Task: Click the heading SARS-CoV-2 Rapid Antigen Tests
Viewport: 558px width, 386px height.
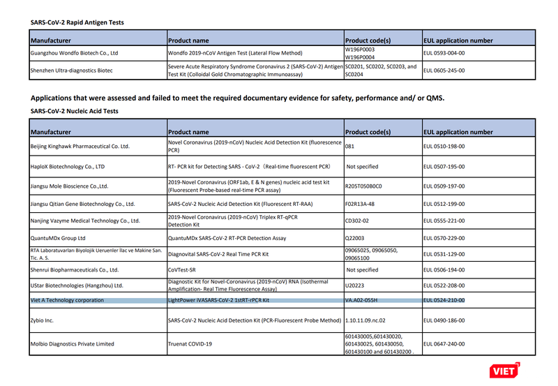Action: tap(77, 22)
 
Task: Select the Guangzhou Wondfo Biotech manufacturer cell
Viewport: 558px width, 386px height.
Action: tap(75, 53)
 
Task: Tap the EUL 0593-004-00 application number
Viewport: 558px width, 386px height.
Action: tap(444, 53)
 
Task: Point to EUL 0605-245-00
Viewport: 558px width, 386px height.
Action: tap(444, 70)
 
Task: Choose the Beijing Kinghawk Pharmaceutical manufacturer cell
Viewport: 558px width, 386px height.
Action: tap(80, 147)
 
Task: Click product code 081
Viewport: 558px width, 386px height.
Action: tap(351, 147)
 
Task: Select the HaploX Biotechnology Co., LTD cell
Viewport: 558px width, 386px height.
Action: tap(68, 167)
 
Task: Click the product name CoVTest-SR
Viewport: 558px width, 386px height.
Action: tap(186, 269)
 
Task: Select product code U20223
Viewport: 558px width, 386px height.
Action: tap(356, 285)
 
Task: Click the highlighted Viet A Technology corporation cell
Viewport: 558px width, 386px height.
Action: tap(67, 300)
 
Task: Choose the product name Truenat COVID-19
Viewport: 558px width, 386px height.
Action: tap(190, 343)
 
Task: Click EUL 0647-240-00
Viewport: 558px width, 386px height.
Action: tap(444, 343)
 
